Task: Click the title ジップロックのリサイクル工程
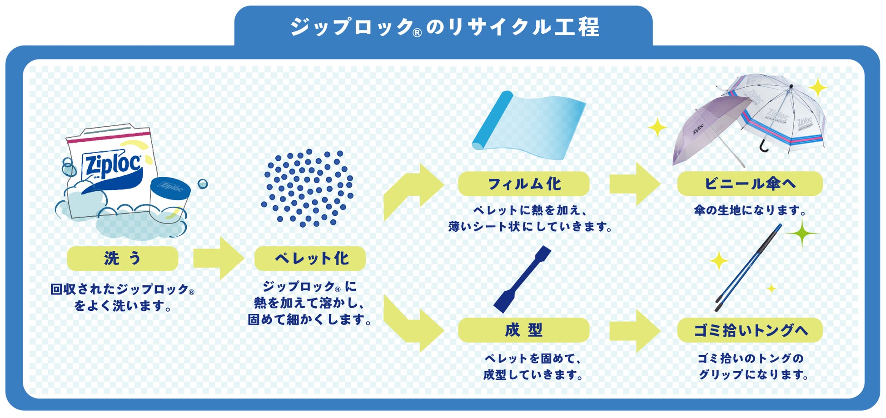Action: coord(445,27)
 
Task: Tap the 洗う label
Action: coord(122,259)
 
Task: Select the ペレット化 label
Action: coord(310,259)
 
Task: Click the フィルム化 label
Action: coord(523,184)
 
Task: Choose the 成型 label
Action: coord(523,330)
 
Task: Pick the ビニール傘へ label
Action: coord(750,184)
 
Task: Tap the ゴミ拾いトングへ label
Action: coord(750,330)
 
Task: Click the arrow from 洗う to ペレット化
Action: coord(219,258)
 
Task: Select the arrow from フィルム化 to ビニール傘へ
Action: coord(635,184)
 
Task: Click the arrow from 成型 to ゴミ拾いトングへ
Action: coord(635,331)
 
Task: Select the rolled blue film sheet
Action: coord(528,125)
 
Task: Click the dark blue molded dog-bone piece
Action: coord(522,279)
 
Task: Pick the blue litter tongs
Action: coord(748,268)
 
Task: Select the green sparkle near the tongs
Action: coord(802,234)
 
